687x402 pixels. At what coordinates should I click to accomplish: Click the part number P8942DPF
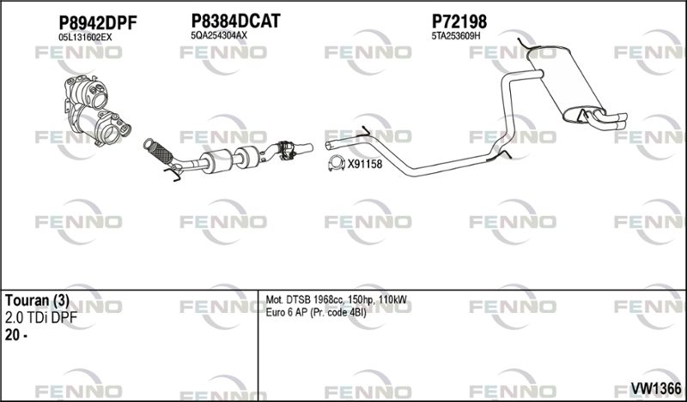(x=98, y=22)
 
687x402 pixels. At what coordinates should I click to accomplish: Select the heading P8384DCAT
(x=235, y=21)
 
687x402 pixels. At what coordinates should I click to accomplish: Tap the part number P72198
(x=459, y=21)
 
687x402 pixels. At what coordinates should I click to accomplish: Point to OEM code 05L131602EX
(x=85, y=38)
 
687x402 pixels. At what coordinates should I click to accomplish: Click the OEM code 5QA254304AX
(x=219, y=36)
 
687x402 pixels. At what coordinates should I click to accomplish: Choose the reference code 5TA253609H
(x=456, y=36)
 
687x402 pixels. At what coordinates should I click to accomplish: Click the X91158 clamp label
(x=365, y=165)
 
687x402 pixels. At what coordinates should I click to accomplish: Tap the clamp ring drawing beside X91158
(x=336, y=163)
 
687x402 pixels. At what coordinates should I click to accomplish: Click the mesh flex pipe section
(x=158, y=152)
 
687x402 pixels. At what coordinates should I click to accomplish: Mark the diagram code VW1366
(x=656, y=388)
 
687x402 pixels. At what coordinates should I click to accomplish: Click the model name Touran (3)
(x=37, y=301)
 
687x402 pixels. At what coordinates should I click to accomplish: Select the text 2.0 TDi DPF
(x=40, y=318)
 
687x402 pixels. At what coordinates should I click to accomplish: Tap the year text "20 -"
(x=16, y=335)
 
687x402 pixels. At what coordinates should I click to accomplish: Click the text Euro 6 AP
(x=287, y=313)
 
